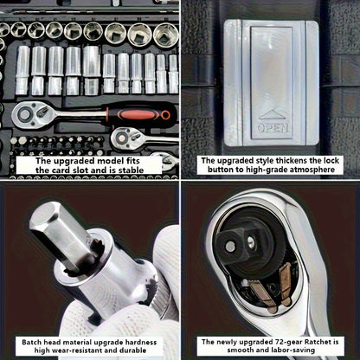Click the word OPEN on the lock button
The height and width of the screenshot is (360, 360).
coord(273,128)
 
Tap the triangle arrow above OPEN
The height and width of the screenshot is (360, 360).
coord(273,113)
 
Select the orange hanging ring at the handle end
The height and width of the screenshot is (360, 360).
coord(165,115)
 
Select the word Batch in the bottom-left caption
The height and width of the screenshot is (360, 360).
coord(32,343)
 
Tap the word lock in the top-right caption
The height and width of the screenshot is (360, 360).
coord(330,160)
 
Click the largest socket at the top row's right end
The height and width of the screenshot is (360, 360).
coord(165,35)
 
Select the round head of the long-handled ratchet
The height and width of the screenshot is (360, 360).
coord(25,114)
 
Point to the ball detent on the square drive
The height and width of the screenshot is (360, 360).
coord(230,246)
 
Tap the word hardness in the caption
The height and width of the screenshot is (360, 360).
coord(141,343)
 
